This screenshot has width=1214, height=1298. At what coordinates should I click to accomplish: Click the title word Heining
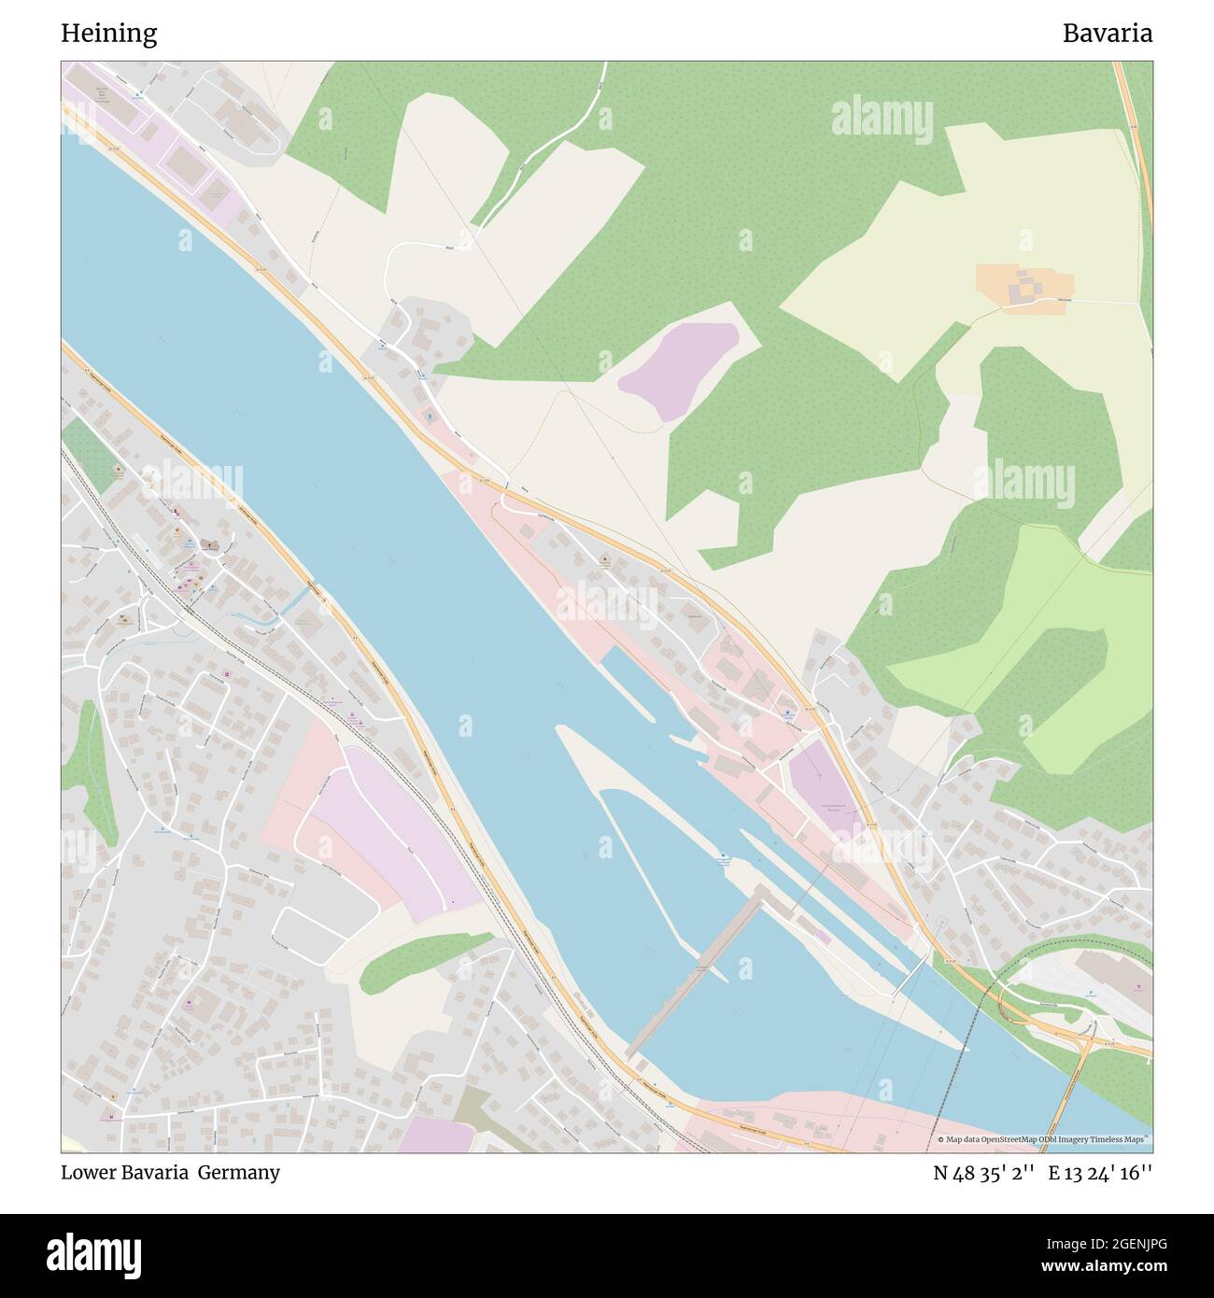coord(109,34)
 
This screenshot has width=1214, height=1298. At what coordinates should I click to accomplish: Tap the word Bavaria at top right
coord(1107,34)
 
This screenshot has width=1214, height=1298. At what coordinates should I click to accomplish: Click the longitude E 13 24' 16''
coord(1100,1173)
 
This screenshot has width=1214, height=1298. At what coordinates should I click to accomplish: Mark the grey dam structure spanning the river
coord(696,971)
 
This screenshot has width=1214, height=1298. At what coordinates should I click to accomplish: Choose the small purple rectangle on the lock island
coord(822,936)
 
